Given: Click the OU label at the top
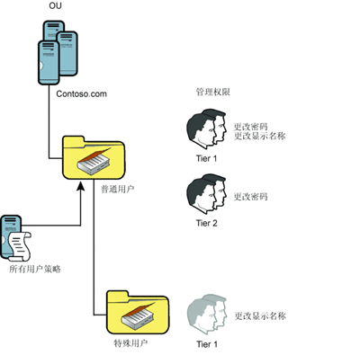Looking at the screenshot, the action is coord(55,6).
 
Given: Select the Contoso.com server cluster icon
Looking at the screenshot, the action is coord(58,53).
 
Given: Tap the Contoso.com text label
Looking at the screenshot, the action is coord(81,93).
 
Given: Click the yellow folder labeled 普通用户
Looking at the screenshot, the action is coord(94,158).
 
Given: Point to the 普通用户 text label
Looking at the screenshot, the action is coord(117,189).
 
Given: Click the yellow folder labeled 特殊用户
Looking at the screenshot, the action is coord(138,312).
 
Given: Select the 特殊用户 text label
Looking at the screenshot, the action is coord(130,343).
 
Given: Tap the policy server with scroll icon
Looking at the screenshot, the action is coord(15,237).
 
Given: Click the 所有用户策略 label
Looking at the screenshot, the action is coord(35,269).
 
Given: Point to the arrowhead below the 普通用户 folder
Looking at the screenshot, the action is coord(80,185).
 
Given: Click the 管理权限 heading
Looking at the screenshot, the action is coord(213,92).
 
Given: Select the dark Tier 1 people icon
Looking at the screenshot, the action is coord(206,129).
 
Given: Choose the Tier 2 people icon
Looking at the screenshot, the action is coord(206,194).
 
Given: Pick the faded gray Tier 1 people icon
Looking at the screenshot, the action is coord(207,315).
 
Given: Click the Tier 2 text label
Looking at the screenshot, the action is coord(206,223).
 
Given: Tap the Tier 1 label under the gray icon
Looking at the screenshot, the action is coord(207,344).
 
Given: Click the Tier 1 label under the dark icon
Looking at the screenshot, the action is coord(206,158).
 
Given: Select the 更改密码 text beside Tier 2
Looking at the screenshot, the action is coord(250,197).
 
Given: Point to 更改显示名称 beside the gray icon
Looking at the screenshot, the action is coord(260,315).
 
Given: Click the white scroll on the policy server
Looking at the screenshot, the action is coord(20,246).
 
